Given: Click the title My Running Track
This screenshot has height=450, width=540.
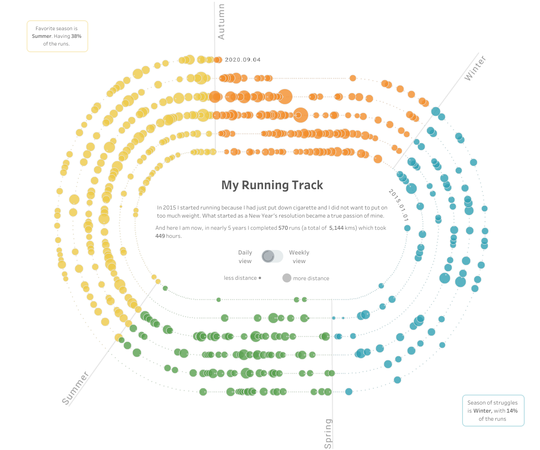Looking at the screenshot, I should pos(272,185).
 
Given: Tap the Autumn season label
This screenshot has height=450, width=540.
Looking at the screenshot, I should pos(221,22).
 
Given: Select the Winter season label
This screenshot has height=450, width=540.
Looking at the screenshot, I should pos(475,68).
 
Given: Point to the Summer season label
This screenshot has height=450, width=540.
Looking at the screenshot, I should pos(75,388).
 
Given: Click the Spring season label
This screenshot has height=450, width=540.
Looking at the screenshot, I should pos(328,433).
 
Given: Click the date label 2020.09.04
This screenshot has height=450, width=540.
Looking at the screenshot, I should pos(243,59).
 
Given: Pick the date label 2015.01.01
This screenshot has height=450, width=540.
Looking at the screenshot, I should pos(399,205).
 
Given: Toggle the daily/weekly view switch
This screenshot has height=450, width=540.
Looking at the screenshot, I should pos(272,256).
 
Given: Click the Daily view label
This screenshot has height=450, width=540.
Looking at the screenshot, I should pos(245,257).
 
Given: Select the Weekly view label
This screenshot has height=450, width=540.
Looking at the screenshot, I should pos(299,257).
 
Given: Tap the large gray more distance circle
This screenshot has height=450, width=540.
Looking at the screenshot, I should pos(286,278).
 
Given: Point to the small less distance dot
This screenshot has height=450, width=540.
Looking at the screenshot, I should pos(260,278).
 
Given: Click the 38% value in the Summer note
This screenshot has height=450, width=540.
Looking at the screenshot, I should pos(76,36).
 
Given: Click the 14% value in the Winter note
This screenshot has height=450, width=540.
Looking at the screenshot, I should pos(512,411).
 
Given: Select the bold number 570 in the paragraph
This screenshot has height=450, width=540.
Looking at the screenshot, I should pos(283,228).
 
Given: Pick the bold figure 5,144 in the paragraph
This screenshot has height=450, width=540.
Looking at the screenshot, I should pos(336,228).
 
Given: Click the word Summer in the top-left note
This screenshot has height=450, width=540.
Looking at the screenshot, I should pos(41,36).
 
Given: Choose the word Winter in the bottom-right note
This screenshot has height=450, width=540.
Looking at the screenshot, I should pos(482,411).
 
